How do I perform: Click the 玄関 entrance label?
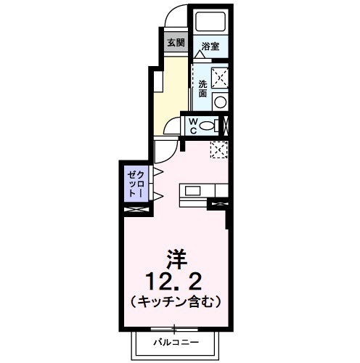(176, 42)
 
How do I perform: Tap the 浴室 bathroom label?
(210, 45)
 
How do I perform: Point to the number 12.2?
(175, 280)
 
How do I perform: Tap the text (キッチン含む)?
(175, 299)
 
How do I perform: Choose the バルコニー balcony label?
(174, 341)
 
